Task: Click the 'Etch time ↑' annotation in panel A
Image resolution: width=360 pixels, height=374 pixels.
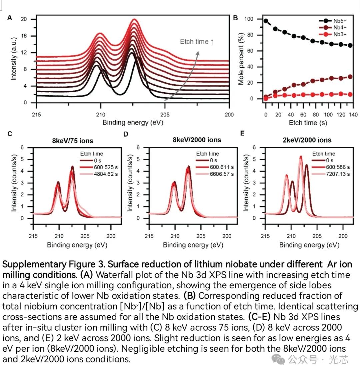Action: [197, 42]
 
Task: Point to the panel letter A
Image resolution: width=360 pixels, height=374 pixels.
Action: [10, 18]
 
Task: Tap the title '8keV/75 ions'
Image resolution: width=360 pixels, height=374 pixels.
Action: [73, 141]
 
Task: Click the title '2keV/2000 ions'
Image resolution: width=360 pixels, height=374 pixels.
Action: [307, 140]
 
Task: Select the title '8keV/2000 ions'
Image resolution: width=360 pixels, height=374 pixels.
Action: [197, 140]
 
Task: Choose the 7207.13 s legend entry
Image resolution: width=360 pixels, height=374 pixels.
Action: [338, 174]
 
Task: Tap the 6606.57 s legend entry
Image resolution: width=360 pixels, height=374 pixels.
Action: [222, 174]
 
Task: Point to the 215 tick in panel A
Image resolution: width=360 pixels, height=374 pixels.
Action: [36, 115]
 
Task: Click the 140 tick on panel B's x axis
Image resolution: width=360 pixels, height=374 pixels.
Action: [353, 115]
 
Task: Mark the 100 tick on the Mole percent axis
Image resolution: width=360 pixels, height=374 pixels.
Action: [249, 19]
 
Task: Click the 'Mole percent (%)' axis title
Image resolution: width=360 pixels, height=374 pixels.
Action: [241, 59]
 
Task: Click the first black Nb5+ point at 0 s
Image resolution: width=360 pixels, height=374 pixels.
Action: [266, 21]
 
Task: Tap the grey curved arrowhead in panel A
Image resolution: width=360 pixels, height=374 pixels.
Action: [198, 52]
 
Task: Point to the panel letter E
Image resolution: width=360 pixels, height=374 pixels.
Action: [242, 133]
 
